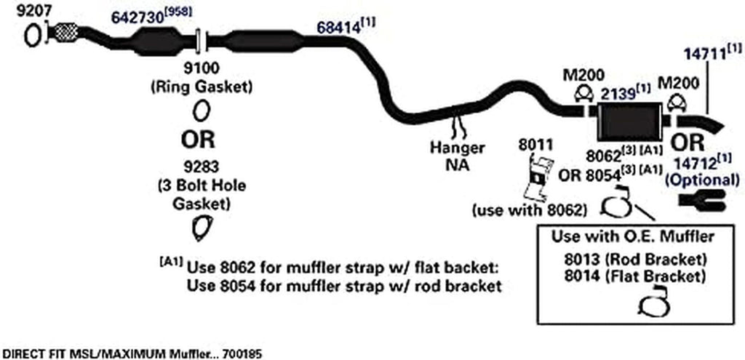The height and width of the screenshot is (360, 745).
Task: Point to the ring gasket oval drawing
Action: [202, 111]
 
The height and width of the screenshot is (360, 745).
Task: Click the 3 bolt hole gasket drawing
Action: [199, 227]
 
